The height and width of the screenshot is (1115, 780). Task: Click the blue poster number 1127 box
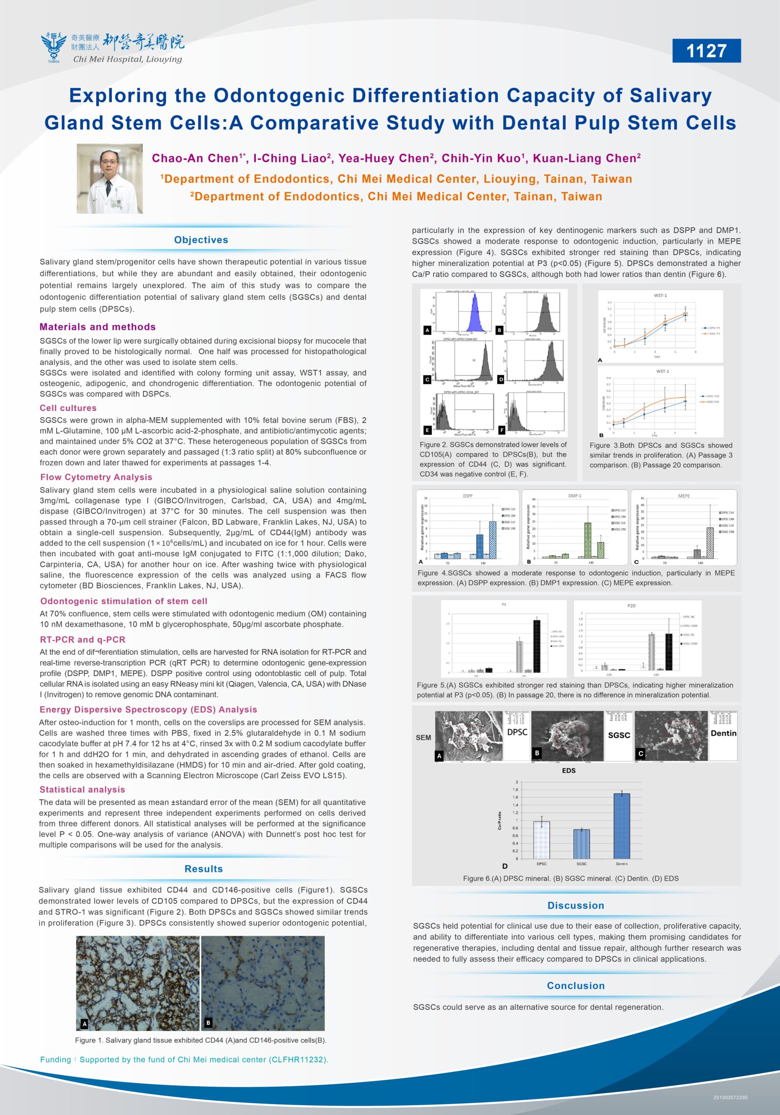[706, 51]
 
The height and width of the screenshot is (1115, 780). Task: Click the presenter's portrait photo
[110, 179]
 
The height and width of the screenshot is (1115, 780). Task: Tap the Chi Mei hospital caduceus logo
[54, 47]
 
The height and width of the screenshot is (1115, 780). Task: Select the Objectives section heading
[201, 240]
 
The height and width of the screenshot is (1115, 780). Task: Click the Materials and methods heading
[97, 327]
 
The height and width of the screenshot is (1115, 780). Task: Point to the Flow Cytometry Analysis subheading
[96, 477]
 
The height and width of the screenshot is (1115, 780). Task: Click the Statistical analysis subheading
[83, 790]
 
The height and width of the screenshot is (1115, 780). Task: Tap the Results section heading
[203, 869]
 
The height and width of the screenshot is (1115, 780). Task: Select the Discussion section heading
[576, 905]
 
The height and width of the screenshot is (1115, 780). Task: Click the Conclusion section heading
[576, 985]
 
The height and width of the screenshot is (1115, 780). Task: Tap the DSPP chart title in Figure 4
[467, 496]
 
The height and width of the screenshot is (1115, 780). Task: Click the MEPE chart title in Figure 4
[683, 496]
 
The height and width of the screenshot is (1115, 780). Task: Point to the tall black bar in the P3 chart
[536, 646]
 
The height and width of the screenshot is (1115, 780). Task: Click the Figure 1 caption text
[201, 1040]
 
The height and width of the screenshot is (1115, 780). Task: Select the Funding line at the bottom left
[184, 1059]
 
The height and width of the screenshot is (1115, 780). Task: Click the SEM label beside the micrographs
[423, 737]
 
